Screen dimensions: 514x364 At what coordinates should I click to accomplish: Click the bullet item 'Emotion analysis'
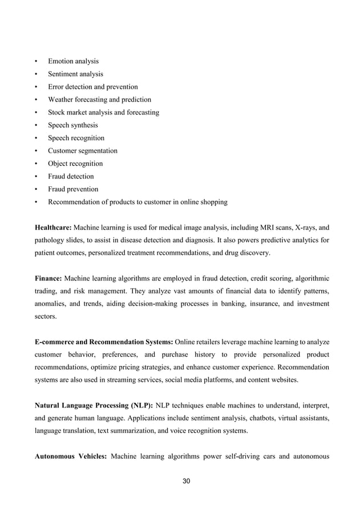pyautogui.click(x=73, y=61)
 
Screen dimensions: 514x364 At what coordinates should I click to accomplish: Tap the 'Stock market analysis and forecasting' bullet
pyautogui.click(x=103, y=112)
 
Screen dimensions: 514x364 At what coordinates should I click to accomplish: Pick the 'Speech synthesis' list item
pyautogui.click(x=72, y=125)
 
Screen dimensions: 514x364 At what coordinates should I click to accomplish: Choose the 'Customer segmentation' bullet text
pyautogui.click(x=83, y=151)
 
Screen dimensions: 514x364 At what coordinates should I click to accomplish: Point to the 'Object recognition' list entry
pyautogui.click(x=75, y=164)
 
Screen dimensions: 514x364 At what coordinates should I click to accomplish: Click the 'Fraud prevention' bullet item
pyautogui.click(x=73, y=189)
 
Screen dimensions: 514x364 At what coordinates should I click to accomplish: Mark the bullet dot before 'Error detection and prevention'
pyautogui.click(x=37, y=87)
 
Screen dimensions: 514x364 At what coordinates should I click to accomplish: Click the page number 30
pyautogui.click(x=186, y=482)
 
